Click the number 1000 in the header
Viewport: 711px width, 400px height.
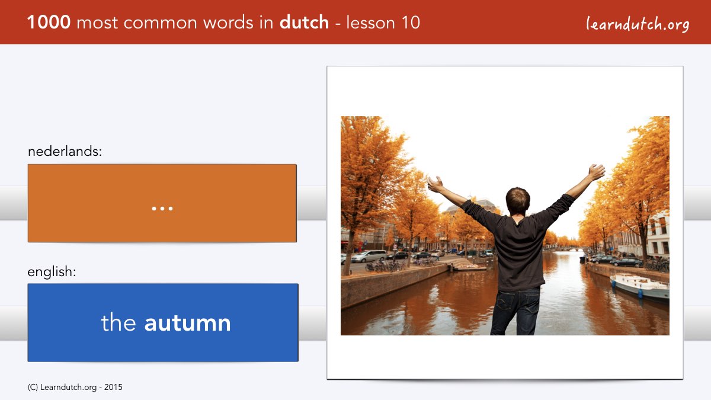click(49, 23)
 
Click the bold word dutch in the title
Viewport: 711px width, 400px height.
click(304, 22)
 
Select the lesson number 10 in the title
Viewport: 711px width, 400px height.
click(411, 23)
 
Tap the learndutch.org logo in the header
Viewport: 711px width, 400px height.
click(638, 24)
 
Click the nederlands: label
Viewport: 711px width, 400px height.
click(65, 151)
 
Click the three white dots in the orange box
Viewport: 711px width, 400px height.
click(162, 209)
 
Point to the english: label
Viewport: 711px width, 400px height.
click(52, 272)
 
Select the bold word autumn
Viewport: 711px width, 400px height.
click(188, 323)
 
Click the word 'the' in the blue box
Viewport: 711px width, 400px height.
click(118, 322)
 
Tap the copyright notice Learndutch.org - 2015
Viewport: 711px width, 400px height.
click(75, 388)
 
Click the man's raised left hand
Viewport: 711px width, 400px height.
click(435, 184)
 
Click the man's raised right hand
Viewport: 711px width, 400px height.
click(597, 172)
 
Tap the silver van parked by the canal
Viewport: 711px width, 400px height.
click(369, 256)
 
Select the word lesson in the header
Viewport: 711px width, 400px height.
click(371, 23)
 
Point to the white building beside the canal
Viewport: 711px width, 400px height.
click(658, 235)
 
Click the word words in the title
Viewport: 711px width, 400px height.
click(228, 23)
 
